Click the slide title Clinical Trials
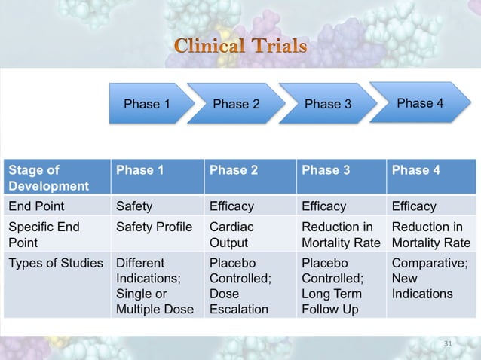click(240, 47)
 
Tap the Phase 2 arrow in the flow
click(236, 104)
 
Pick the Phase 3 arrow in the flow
click(327, 104)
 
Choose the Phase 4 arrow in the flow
click(419, 103)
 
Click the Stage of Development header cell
click(57, 178)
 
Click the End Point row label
click(57, 206)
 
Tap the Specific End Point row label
click(57, 235)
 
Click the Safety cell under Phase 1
click(157, 206)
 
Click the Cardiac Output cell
click(249, 235)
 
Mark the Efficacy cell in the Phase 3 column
click(341, 206)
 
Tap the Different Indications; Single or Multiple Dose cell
click(157, 286)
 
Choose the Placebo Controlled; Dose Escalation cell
click(249, 286)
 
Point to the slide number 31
click(448, 343)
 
